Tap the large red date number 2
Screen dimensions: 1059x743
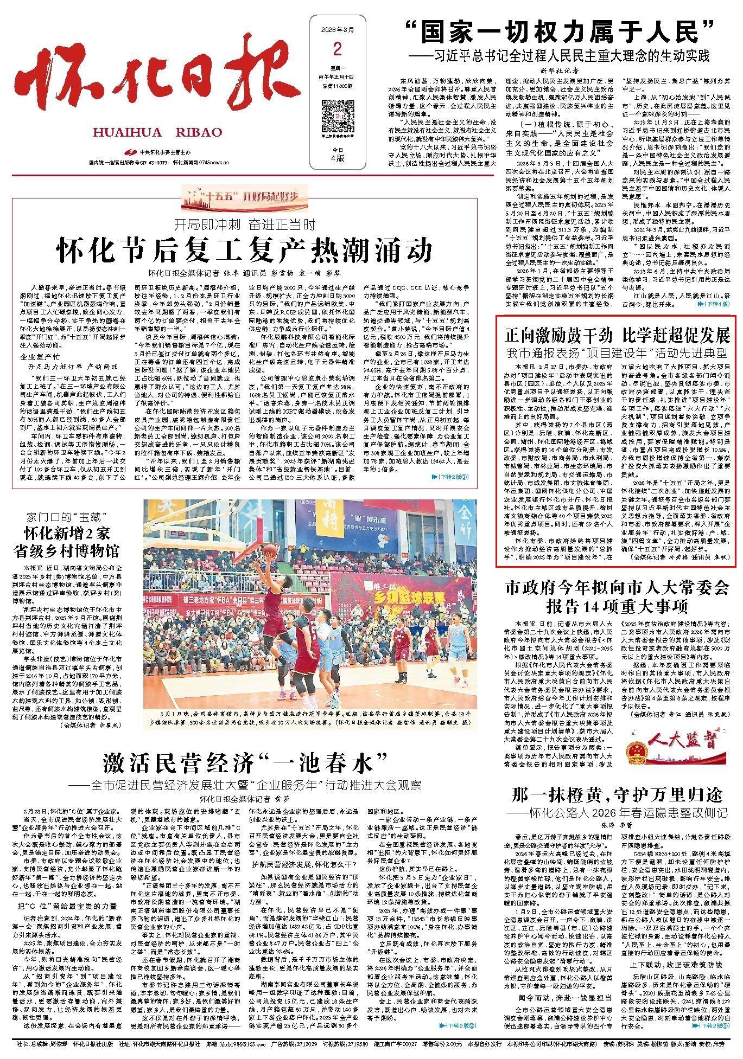coord(337,50)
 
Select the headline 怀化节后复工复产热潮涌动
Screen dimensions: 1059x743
coord(247,249)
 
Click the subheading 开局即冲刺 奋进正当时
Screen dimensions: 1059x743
coord(245,223)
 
